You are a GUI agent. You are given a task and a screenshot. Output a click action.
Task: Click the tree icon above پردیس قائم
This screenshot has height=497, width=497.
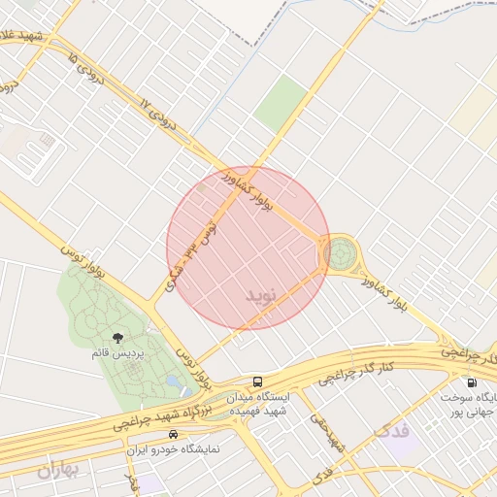(117, 338)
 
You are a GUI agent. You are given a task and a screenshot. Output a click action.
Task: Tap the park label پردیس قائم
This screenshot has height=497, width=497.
(117, 354)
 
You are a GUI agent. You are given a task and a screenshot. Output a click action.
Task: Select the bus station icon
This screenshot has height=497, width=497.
(257, 381)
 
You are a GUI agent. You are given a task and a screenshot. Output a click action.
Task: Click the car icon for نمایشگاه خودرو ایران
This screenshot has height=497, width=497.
(174, 434)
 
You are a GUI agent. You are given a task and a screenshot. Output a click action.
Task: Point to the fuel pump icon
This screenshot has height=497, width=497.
(472, 382)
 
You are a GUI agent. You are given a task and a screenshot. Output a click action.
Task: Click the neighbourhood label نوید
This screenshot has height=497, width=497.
(260, 292)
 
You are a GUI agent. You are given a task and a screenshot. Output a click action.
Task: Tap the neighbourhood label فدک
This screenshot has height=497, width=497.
(391, 429)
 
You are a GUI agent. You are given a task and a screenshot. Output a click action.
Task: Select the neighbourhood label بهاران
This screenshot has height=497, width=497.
(57, 471)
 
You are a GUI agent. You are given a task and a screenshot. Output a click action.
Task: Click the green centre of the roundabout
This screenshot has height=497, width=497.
(341, 255)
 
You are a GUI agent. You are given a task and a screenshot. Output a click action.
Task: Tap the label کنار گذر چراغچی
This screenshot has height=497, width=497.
(361, 372)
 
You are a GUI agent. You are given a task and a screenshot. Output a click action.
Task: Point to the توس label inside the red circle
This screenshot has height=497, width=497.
(204, 233)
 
